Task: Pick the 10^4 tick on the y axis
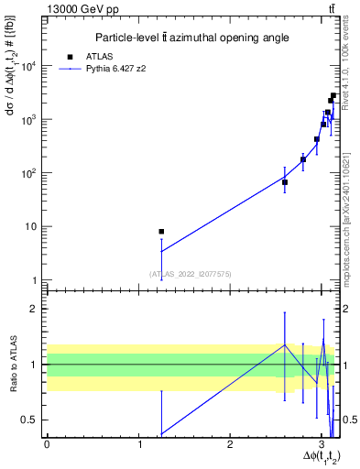coord(27,66)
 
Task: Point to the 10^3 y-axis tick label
coord(27,120)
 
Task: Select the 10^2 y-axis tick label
coord(27,173)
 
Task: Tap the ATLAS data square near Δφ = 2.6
coord(285,182)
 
